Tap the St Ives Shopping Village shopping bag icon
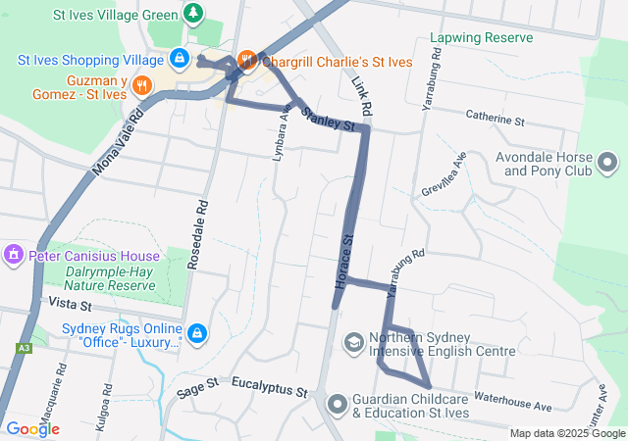[179, 60]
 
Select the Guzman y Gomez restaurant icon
[142, 84]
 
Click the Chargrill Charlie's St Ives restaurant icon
[246, 60]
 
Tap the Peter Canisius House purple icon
[14, 256]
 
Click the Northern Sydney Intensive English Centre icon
[352, 342]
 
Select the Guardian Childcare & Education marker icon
[338, 404]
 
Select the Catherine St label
[496, 120]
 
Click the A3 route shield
[23, 348]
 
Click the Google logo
[32, 429]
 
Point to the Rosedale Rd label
[202, 221]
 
